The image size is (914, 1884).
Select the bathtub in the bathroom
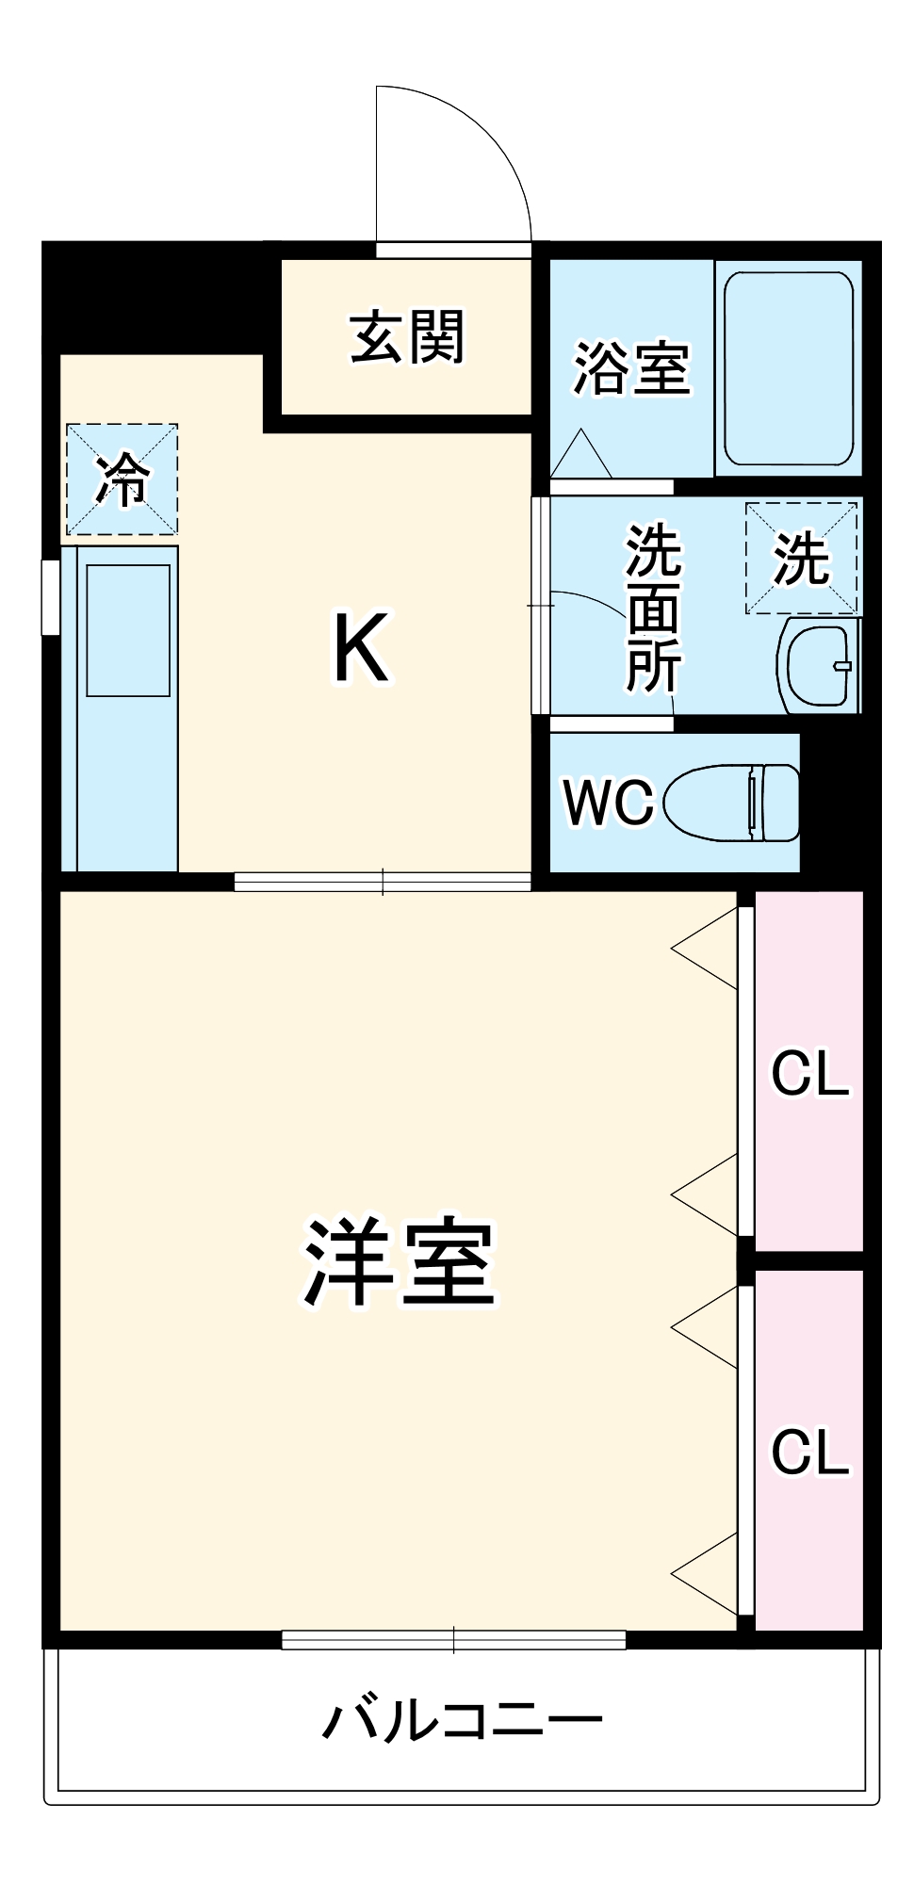[x=789, y=368]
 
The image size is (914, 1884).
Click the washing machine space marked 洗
[x=802, y=558]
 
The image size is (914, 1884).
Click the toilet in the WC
[x=732, y=802]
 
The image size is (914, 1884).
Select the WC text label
[x=608, y=802]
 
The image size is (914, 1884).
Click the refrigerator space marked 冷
[x=122, y=479]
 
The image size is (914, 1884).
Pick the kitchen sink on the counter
[x=129, y=630]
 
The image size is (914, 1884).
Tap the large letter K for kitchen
[x=361, y=648]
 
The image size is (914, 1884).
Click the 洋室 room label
[x=400, y=1263]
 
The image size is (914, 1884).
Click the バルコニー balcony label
[x=462, y=1720]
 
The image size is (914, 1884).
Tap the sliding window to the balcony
[x=454, y=1640]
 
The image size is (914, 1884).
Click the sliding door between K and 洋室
[x=383, y=882]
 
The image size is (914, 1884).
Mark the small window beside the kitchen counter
[x=51, y=597]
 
